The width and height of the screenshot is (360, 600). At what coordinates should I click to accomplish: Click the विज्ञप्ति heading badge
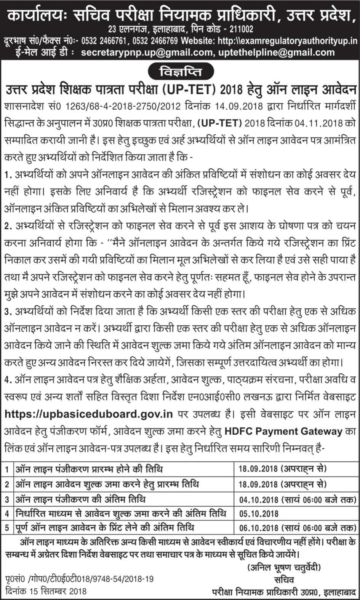[180, 72]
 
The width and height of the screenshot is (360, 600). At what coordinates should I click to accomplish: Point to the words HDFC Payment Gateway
[283, 432]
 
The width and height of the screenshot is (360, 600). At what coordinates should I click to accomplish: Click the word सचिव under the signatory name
[284, 579]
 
